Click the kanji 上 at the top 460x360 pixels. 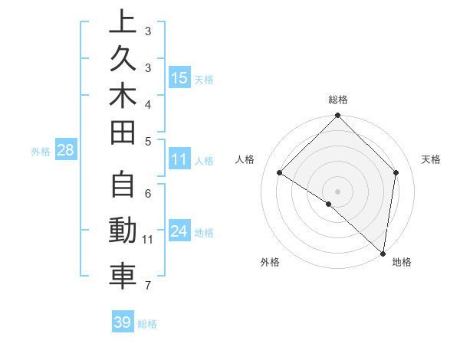click(123, 21)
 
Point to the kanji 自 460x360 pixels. click(123, 186)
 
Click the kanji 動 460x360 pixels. click(123, 231)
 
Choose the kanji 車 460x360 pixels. click(123, 276)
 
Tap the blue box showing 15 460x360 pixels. click(179, 77)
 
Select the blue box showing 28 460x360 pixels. click(65, 150)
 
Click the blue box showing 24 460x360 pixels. click(179, 231)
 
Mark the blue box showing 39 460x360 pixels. click(122, 322)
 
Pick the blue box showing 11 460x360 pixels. click(179, 159)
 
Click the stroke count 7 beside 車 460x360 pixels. click(147, 286)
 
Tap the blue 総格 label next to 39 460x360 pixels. click(148, 324)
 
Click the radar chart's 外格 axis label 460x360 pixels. click(270, 262)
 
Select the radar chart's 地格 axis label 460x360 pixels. click(402, 262)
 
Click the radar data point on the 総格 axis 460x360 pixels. click(337, 116)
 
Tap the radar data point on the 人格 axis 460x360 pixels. click(280, 173)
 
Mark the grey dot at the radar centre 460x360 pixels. click(337, 191)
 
